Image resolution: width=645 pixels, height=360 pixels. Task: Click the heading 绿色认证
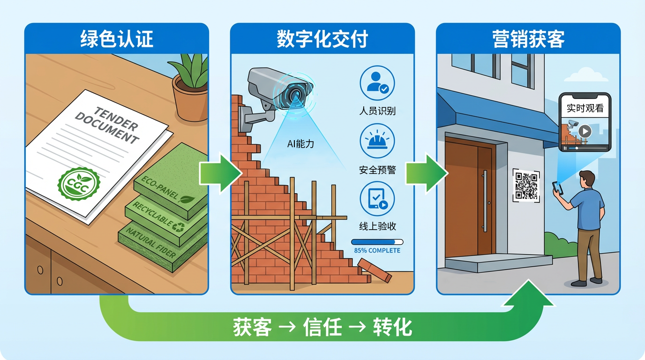116,39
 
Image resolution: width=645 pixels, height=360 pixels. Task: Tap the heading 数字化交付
322,39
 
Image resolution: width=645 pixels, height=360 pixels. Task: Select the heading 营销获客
528,39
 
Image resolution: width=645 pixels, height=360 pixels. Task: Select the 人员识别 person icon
377,82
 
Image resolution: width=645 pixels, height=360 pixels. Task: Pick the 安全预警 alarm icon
377,141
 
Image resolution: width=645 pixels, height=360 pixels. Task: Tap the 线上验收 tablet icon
377,199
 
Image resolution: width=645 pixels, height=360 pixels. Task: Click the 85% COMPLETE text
377,250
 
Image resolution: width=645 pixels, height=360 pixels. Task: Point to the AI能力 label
300,144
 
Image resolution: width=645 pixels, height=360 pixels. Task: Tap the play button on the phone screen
585,131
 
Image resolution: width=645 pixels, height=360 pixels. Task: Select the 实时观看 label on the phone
585,108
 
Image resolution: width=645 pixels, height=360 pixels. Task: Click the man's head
586,178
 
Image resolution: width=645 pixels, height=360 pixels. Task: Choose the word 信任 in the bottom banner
322,327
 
